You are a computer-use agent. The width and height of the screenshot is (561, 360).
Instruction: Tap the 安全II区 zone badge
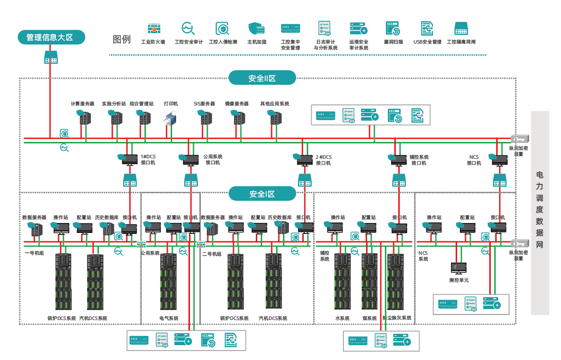pyautogui.click(x=262, y=78)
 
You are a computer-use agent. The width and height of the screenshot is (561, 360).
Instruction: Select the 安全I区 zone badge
pyautogui.click(x=262, y=194)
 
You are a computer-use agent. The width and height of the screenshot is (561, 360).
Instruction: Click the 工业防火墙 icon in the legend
pyautogui.click(x=153, y=29)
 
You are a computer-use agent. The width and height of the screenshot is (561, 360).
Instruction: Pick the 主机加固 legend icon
pyautogui.click(x=256, y=29)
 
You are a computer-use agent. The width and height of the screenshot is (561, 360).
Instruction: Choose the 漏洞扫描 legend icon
pyautogui.click(x=393, y=29)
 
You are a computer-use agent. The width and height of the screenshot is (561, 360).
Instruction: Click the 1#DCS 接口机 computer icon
pyautogui.click(x=130, y=160)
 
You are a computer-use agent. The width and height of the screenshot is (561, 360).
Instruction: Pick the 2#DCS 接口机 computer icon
pyautogui.click(x=305, y=160)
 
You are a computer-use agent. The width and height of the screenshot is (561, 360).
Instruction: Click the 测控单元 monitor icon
pyautogui.click(x=458, y=269)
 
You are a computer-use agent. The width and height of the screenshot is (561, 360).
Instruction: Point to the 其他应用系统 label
pyautogui.click(x=275, y=104)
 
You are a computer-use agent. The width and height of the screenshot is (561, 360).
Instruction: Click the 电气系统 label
pyautogui.click(x=169, y=318)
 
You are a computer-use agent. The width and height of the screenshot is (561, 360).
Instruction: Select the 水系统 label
pyautogui.click(x=342, y=318)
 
